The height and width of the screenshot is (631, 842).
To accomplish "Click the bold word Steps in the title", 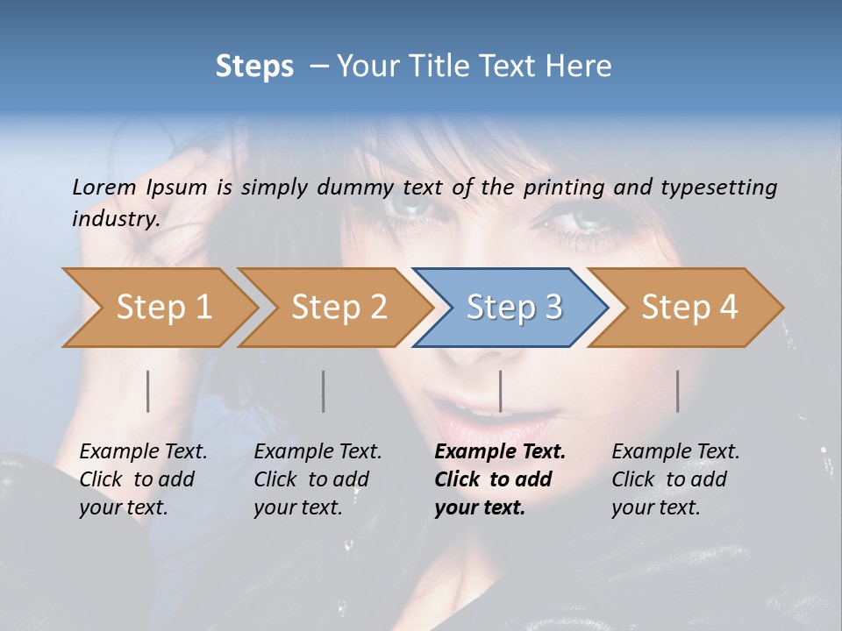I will click(x=254, y=67).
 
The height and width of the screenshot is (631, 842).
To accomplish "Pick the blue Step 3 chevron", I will click(x=513, y=308).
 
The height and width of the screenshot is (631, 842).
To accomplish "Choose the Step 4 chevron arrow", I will click(x=689, y=308).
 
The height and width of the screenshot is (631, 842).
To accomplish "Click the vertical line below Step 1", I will click(x=148, y=391).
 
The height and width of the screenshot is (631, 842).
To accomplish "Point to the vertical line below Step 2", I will click(x=324, y=391).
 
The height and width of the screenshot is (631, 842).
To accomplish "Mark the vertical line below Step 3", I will click(x=501, y=391).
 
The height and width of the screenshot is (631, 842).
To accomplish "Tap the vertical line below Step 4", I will click(x=677, y=391).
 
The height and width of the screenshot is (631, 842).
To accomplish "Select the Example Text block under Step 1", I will click(x=142, y=479).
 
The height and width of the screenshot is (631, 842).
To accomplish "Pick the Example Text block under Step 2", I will click(x=317, y=479).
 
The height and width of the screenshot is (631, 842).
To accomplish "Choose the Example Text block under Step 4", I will click(x=674, y=479).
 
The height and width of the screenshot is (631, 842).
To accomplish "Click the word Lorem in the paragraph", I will click(x=103, y=187).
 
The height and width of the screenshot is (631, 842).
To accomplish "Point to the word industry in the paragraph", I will click(x=115, y=218).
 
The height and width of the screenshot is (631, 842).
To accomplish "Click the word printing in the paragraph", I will click(x=564, y=188).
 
